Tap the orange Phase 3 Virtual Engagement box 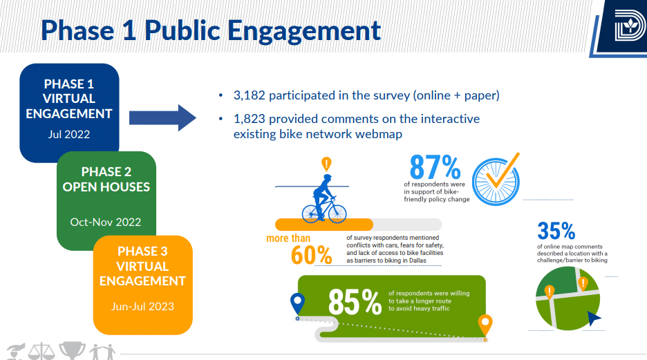pos(142,276)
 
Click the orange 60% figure pos(312,254)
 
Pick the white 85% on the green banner pos(354,302)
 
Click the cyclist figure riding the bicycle pos(324,197)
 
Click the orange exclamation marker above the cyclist pos(326,164)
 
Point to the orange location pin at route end pos(485,323)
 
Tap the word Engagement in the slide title pos(304,30)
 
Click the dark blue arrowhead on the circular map pos(594,318)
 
